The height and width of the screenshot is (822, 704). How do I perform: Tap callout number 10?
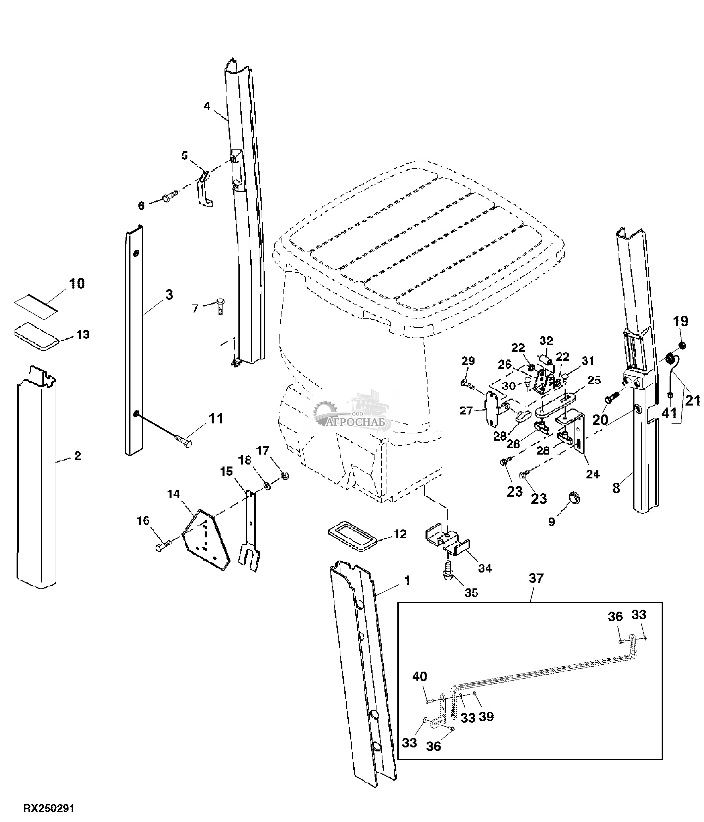(77, 284)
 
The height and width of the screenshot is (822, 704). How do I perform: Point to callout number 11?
(216, 418)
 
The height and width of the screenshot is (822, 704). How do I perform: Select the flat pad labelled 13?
(37, 332)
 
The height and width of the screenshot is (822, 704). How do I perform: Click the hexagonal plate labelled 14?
(206, 541)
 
